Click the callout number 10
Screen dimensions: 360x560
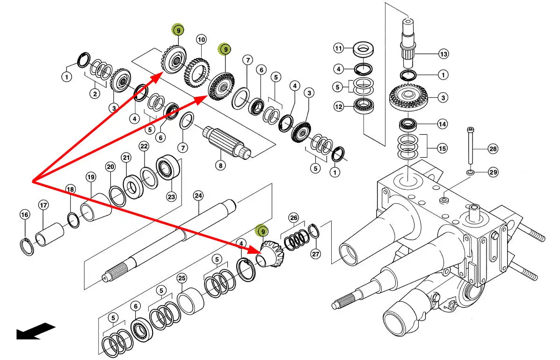point(201,39)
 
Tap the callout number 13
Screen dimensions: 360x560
point(444,54)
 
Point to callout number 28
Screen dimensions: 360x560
point(493,149)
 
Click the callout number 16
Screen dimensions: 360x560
point(24,214)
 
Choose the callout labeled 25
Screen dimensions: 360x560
point(182,278)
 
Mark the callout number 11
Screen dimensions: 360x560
point(338,48)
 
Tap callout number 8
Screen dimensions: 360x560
point(220,165)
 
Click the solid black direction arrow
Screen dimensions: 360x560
point(36,331)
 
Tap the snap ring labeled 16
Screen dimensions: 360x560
point(29,246)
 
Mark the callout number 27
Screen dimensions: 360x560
point(316,254)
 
